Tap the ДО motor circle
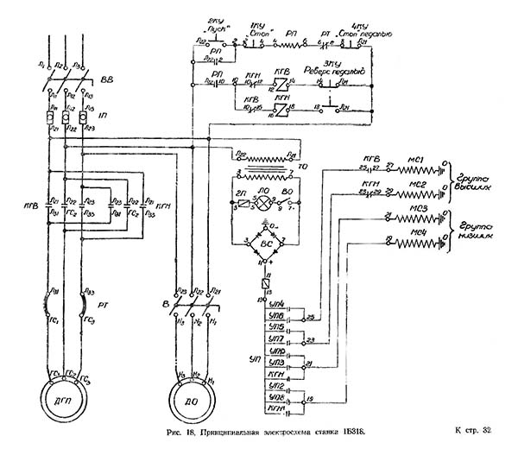190,402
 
